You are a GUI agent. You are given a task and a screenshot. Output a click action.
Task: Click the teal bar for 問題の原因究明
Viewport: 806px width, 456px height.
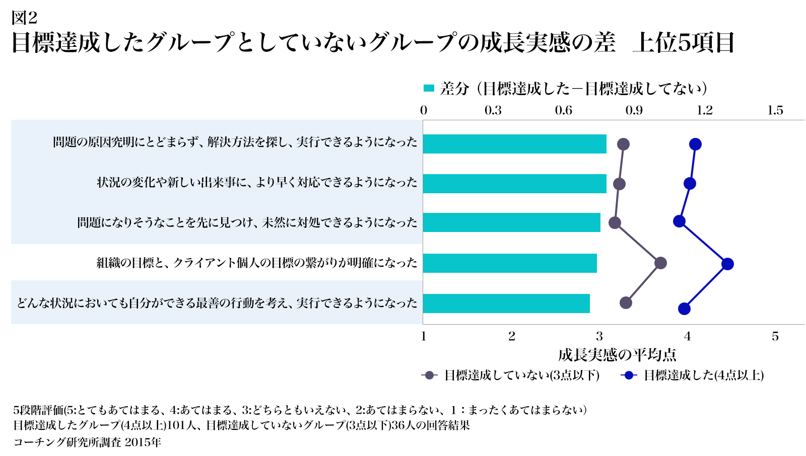pos(514,144)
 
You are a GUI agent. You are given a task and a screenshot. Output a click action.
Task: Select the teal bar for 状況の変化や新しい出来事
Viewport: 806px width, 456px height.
pos(514,184)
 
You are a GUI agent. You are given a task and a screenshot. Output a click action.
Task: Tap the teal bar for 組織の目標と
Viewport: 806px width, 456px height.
pos(510,263)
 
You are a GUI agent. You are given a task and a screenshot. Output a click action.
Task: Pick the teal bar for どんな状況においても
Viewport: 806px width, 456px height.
pos(506,303)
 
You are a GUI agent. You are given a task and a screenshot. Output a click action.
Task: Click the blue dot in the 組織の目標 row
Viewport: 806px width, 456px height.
pos(727,264)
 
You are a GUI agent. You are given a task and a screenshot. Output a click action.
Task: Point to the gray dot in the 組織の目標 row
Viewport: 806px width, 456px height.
pos(660,263)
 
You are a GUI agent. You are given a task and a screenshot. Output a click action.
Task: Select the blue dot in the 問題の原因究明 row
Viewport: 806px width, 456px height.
pos(695,144)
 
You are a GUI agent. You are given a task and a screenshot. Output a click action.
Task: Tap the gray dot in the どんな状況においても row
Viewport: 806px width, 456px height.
pos(626,302)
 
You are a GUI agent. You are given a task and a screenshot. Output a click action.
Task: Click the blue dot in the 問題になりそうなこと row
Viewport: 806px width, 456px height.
pos(679,221)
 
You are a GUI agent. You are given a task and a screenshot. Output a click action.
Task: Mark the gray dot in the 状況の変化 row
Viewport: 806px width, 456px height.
pos(619,184)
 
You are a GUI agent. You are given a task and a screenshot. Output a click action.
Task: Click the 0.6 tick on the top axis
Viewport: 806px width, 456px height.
pos(563,111)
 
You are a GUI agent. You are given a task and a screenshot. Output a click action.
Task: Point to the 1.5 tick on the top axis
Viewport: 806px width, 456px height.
pos(775,111)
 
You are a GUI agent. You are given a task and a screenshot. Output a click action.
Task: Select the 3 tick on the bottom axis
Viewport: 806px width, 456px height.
pos(599,336)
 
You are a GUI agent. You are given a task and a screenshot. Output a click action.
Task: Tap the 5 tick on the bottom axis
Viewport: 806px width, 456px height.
pos(775,336)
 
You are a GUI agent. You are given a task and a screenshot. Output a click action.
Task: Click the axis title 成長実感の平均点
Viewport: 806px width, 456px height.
pos(617,355)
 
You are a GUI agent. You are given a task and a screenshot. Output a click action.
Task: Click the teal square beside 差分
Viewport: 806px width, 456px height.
pos(429,89)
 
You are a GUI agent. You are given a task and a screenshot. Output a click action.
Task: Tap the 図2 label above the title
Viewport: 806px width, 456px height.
pos(25,18)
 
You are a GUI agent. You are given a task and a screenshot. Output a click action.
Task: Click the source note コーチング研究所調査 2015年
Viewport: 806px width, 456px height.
pos(87,442)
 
